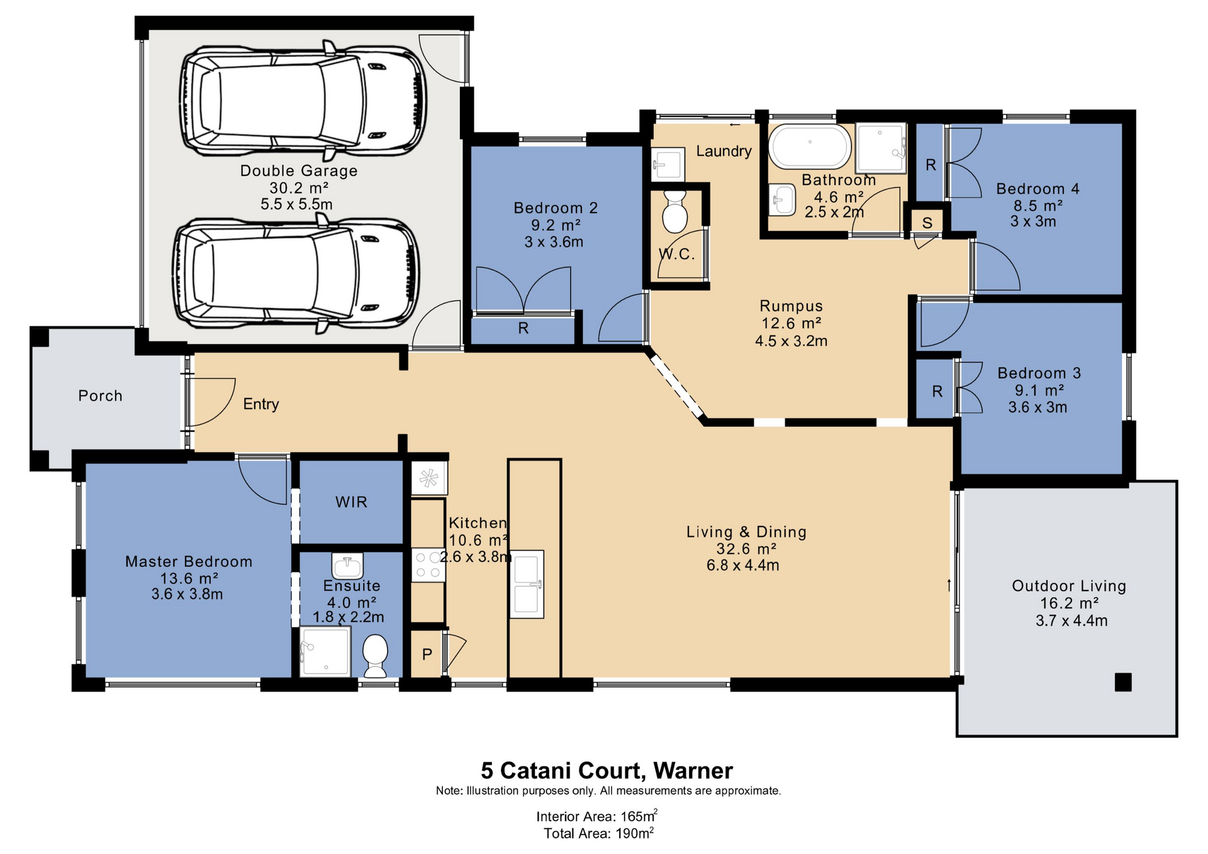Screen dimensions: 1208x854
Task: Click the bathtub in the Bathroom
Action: (810, 147)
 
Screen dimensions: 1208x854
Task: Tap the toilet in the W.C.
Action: (675, 212)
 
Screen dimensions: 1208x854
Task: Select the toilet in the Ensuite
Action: (376, 655)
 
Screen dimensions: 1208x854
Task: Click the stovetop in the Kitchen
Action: (428, 565)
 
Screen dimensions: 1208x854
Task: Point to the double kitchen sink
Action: (527, 584)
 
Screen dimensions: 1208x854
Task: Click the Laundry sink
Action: (667, 165)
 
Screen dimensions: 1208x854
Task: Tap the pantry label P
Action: (427, 654)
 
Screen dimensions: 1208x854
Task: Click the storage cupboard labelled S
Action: (927, 223)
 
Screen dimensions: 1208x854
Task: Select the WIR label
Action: (351, 502)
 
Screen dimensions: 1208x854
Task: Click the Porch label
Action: (100, 396)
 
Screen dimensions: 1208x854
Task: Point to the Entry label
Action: (261, 404)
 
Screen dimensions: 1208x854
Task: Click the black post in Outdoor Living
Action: (1123, 682)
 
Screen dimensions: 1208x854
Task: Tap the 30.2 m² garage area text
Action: (299, 187)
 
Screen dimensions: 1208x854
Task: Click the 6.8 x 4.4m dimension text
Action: (743, 565)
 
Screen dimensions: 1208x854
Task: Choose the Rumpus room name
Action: (791, 306)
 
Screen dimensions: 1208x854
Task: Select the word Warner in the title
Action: (693, 770)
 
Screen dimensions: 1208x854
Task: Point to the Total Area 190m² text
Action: (599, 833)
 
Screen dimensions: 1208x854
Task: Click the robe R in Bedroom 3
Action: (937, 391)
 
